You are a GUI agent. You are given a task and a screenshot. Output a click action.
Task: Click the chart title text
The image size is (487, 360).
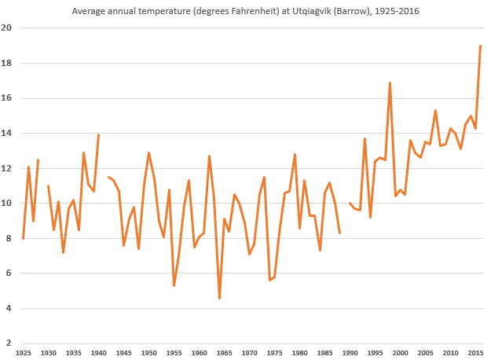point(251,11)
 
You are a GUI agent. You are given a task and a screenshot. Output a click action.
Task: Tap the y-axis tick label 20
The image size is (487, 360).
point(6,28)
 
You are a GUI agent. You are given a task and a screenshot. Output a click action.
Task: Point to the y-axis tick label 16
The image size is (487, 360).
point(6,98)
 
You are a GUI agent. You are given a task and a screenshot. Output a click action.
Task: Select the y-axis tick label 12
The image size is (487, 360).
point(6,168)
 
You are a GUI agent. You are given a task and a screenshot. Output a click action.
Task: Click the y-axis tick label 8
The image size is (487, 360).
point(8,238)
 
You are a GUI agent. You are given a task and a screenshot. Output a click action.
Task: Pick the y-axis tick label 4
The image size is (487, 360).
point(8,308)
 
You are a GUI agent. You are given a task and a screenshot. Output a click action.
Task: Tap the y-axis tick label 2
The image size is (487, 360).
point(8,343)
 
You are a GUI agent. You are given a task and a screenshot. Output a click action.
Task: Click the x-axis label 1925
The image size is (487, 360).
point(24,354)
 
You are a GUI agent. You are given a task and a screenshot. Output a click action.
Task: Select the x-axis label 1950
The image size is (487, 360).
point(148,354)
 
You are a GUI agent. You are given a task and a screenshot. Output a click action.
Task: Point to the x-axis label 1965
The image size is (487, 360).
point(224,354)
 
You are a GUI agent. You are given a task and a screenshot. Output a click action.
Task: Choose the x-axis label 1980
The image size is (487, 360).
point(299,354)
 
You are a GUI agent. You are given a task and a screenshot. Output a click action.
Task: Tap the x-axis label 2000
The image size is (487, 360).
point(400,354)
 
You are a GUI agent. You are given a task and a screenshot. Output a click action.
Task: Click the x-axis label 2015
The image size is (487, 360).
point(475,354)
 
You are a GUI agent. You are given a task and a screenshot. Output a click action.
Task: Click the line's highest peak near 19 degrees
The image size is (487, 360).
point(480,46)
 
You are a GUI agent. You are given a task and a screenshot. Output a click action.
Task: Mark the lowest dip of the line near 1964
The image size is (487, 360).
point(219,298)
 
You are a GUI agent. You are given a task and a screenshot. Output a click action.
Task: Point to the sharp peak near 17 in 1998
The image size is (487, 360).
point(390,83)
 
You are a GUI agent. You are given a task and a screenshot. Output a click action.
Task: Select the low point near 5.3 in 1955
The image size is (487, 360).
point(174,285)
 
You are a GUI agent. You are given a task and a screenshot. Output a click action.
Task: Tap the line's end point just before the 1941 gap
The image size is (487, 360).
point(98,135)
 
